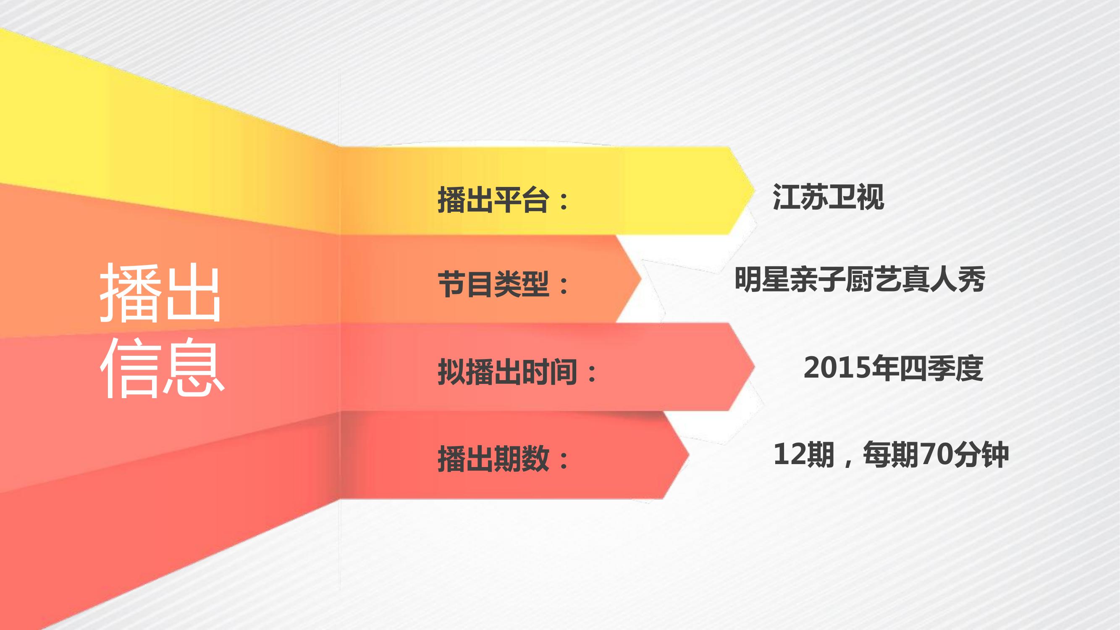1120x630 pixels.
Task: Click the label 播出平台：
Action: point(504,200)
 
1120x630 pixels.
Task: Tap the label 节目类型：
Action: point(504,284)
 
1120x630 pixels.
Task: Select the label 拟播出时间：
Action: point(517,372)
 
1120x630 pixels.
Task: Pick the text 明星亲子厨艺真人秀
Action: point(860,280)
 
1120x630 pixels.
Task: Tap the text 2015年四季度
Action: point(894,368)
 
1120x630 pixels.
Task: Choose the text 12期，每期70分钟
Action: point(891,455)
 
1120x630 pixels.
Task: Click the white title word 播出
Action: point(160,293)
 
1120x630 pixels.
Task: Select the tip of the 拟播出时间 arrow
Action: point(755,367)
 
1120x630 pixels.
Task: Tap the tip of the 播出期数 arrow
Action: point(689,455)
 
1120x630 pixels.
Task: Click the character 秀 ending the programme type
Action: point(971,280)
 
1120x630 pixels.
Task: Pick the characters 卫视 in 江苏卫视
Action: point(857,197)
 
